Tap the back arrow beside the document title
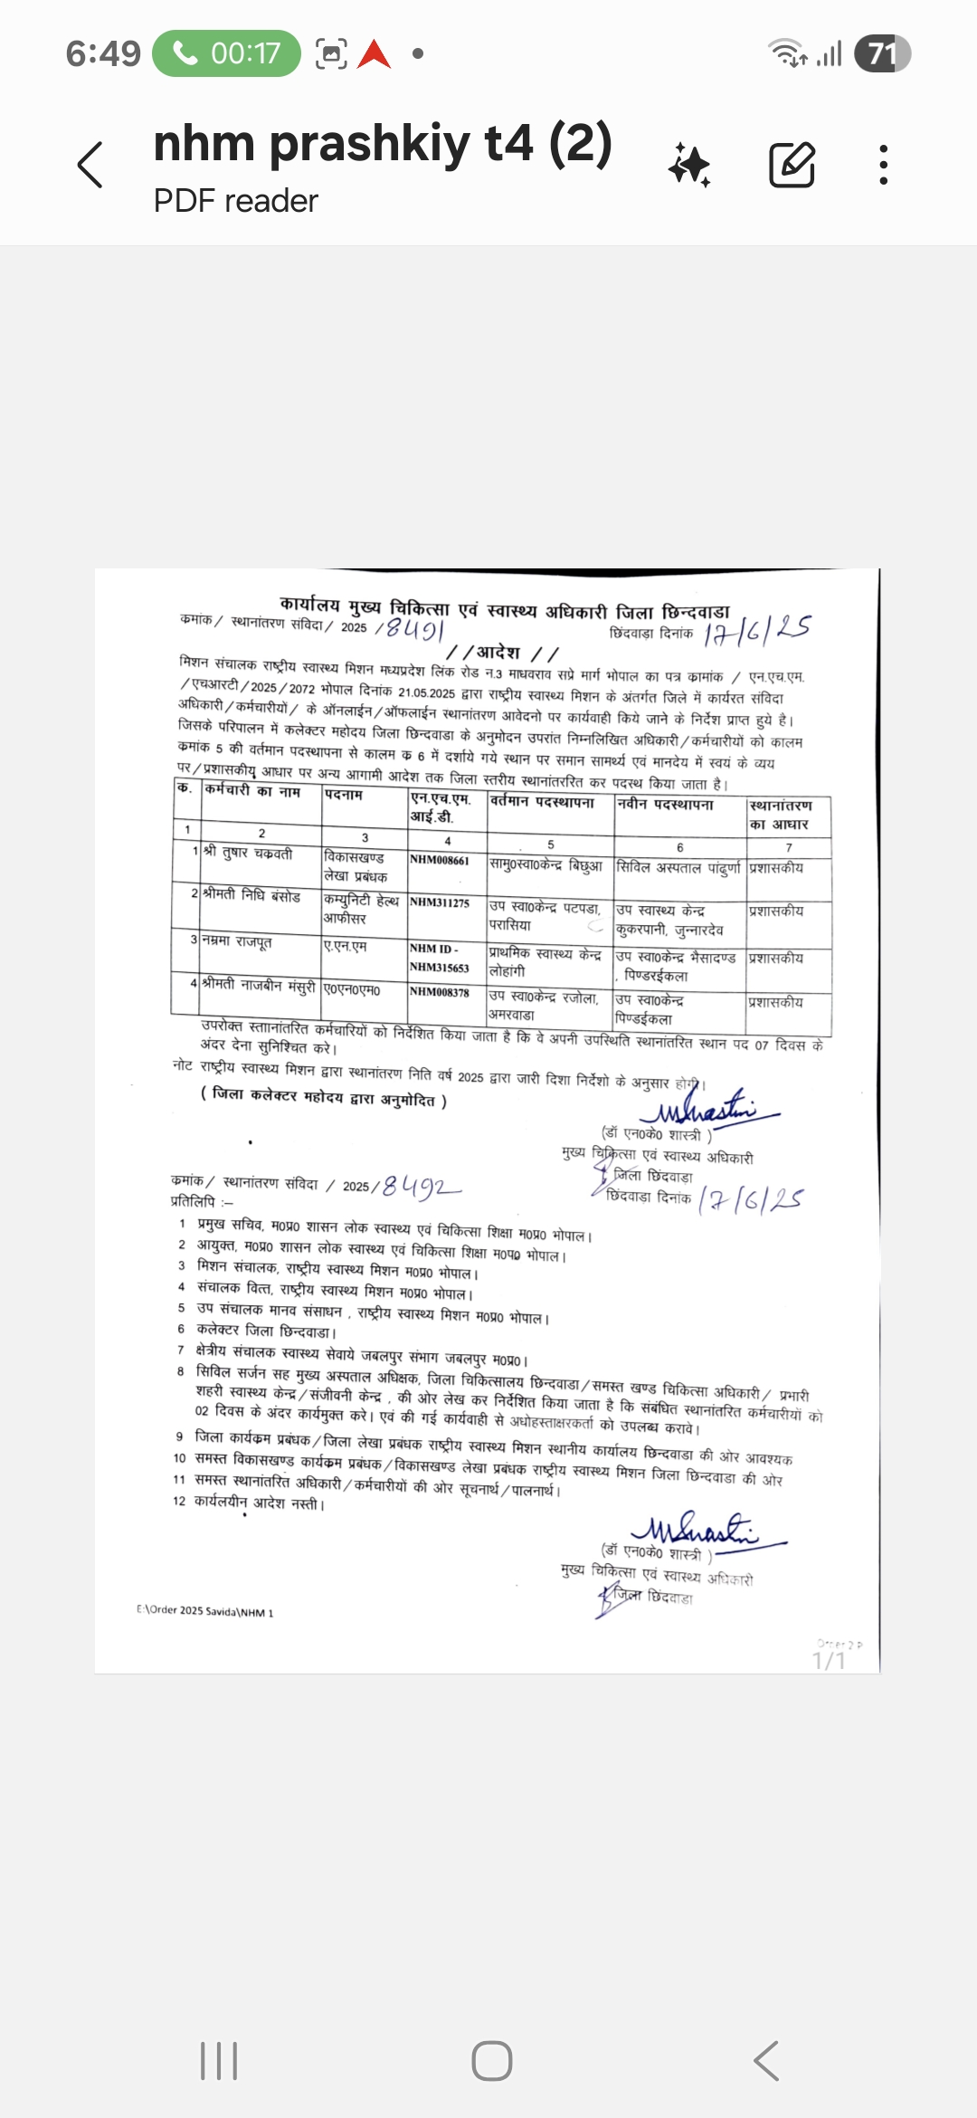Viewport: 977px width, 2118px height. (90, 165)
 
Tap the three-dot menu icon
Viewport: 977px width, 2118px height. (883, 165)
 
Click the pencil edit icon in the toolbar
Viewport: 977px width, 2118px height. (792, 165)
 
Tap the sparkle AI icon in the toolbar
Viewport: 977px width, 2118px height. (690, 166)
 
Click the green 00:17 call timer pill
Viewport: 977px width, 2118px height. (226, 53)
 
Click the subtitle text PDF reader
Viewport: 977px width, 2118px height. (235, 201)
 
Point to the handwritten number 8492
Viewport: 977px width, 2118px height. (421, 1186)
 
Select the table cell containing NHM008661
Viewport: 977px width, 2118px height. (440, 861)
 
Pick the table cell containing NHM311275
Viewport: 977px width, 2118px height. (440, 903)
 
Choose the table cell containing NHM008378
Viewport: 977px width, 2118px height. (440, 993)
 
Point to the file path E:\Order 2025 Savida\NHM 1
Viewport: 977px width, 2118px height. (204, 1611)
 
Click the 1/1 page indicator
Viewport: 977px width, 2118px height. (829, 1660)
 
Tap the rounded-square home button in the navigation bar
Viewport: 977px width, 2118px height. (492, 2061)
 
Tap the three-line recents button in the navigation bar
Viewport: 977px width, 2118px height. (219, 2061)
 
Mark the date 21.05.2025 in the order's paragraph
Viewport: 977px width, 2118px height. (426, 692)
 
